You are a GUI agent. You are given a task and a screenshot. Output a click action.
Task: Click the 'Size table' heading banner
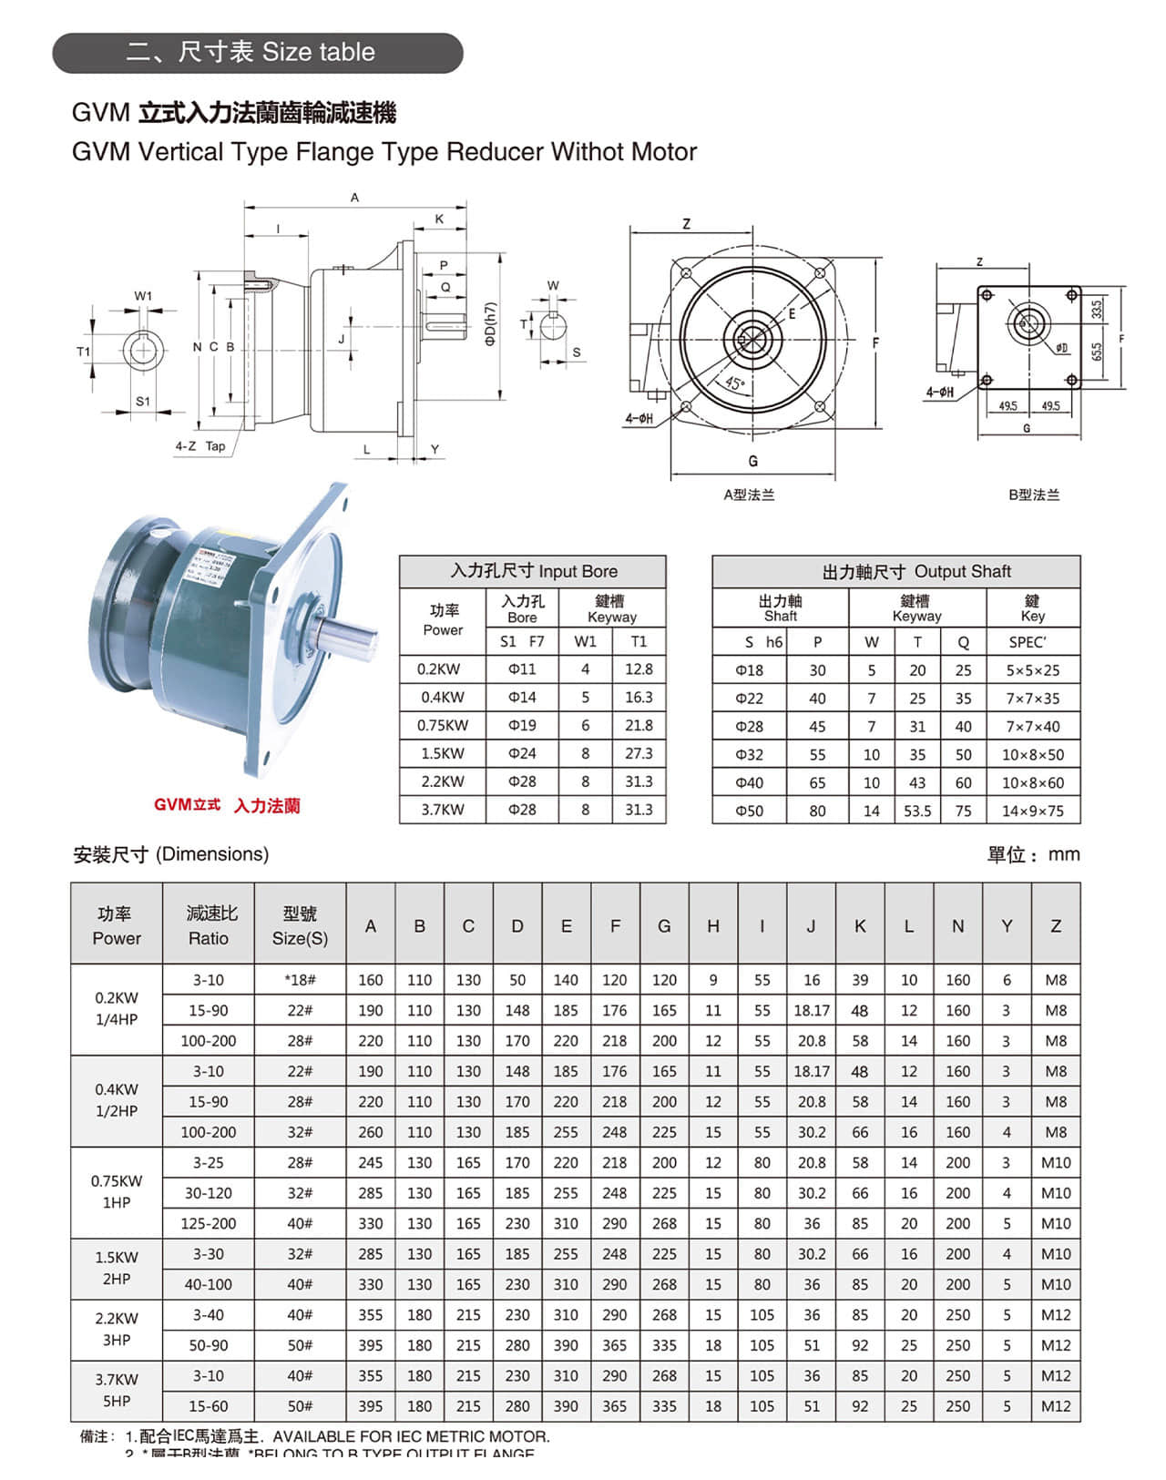click(258, 53)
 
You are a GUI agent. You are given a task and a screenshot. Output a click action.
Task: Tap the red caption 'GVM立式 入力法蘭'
click(227, 805)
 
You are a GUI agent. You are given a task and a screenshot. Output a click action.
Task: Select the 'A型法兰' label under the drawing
click(749, 495)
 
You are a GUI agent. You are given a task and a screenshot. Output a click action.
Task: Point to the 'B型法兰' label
click(1034, 495)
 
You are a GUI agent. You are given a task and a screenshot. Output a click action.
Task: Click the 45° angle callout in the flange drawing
click(734, 383)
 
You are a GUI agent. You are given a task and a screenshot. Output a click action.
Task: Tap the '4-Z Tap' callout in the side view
click(200, 446)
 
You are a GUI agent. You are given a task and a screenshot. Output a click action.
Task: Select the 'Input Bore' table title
click(533, 571)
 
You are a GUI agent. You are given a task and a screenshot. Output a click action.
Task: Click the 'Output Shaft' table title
click(915, 571)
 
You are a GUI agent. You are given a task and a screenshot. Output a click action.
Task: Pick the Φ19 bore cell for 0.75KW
click(522, 725)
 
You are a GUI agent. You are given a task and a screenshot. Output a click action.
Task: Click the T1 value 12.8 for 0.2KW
click(639, 669)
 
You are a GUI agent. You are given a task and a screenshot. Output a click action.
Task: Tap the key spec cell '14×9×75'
click(1032, 811)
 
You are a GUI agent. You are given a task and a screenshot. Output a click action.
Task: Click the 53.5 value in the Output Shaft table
click(917, 811)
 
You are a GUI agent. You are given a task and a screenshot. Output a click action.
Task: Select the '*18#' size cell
click(300, 980)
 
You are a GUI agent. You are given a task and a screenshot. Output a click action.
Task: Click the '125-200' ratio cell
click(208, 1223)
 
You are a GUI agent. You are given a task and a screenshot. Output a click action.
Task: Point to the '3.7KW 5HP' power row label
click(117, 1390)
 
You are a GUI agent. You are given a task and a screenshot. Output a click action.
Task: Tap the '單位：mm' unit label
click(1033, 854)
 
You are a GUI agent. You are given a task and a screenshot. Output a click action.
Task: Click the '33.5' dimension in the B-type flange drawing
click(1096, 309)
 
